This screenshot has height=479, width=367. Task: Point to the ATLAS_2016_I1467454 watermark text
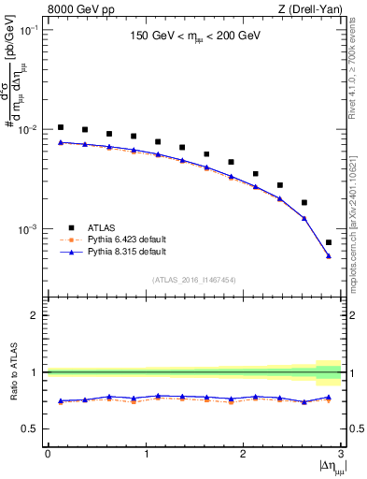click(194, 279)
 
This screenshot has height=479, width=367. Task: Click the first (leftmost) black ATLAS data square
click(61, 127)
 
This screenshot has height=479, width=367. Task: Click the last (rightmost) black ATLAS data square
click(329, 242)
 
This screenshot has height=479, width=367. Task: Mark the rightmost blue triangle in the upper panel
click(329, 255)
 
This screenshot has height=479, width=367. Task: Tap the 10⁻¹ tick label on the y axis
click(31, 30)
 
